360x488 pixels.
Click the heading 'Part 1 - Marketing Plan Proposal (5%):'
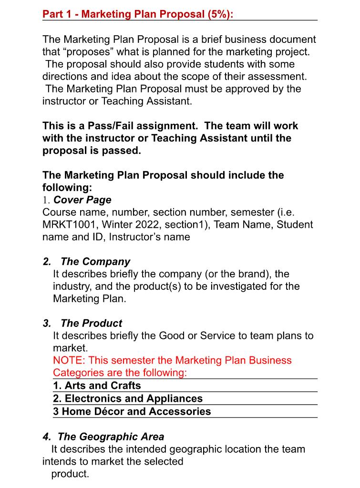(138, 14)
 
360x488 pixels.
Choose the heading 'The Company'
(95, 262)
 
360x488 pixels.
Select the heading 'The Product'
(92, 323)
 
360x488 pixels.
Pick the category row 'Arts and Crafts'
(97, 385)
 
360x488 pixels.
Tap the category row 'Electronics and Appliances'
(128, 398)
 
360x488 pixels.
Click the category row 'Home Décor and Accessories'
(132, 411)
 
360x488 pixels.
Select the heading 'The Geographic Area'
(111, 437)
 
